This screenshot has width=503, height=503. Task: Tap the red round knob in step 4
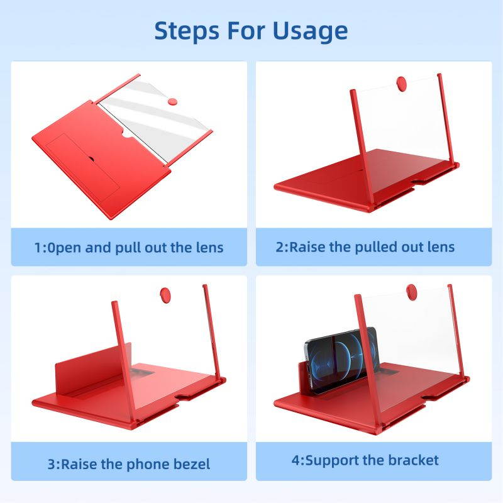tap(412, 292)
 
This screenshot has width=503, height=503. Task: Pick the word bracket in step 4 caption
tap(411, 460)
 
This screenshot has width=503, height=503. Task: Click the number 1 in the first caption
tap(38, 247)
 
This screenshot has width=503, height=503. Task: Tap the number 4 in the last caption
tap(295, 460)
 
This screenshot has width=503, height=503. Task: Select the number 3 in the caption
tap(51, 465)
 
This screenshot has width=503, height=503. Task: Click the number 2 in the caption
tap(280, 246)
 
